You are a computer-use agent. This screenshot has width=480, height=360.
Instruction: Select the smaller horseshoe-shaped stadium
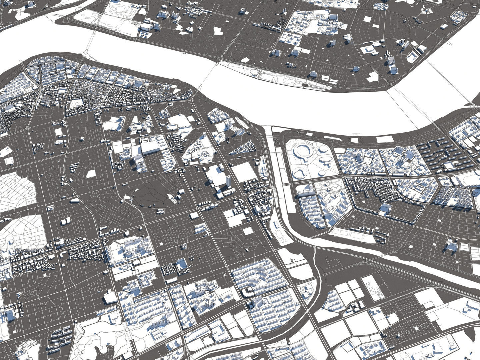click(299, 173)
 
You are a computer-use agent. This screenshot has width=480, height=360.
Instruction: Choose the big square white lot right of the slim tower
click(244, 171)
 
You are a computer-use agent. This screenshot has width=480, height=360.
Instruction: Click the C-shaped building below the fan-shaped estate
click(247, 293)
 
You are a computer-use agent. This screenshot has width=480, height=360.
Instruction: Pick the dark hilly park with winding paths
click(147, 195)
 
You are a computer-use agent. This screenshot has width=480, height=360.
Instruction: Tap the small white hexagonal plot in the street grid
click(91, 174)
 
